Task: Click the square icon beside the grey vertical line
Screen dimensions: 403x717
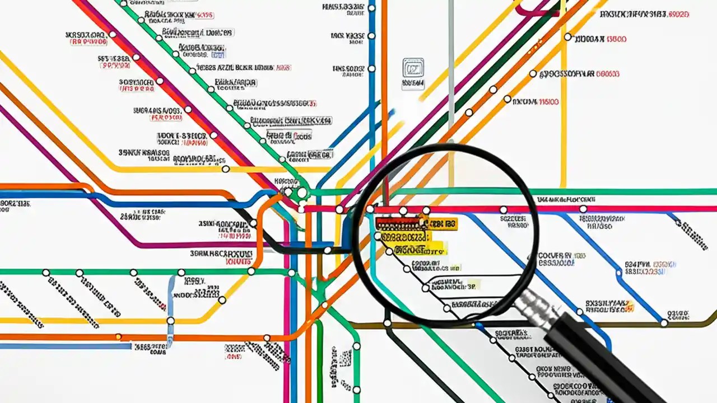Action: [x=413, y=68]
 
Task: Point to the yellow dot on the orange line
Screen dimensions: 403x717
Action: [x=118, y=337]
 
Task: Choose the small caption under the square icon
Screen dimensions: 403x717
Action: [x=413, y=84]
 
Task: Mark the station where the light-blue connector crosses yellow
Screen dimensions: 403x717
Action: [x=170, y=321]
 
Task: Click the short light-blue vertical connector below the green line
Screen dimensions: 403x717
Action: [x=170, y=297]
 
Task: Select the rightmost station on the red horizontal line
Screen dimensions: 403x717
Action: [x=583, y=209]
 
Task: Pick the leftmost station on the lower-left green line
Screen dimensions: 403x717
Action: [x=46, y=273]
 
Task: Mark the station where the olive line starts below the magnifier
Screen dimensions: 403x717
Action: [x=387, y=324]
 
